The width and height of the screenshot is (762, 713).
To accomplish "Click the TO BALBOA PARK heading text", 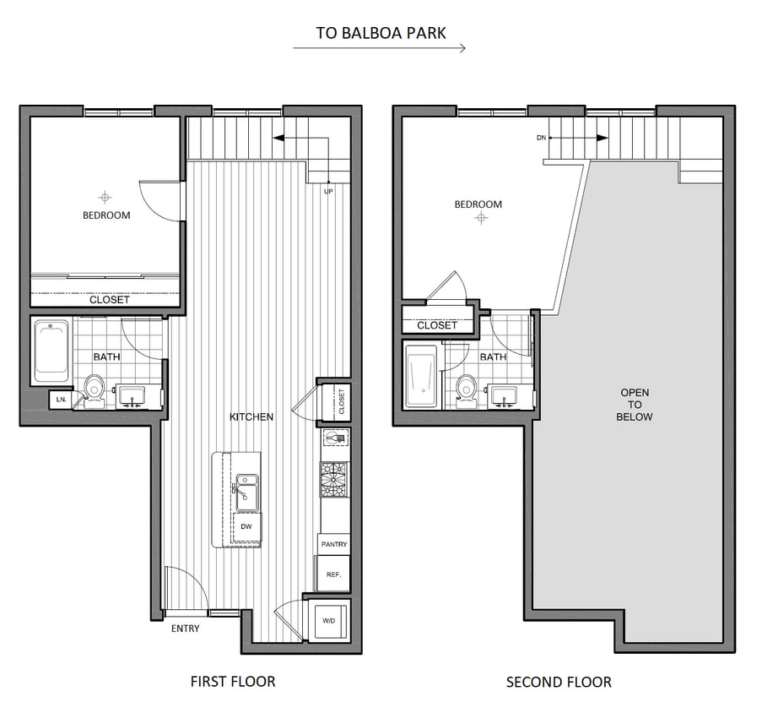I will (x=381, y=33).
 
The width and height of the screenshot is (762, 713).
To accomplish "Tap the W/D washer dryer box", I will (x=328, y=621).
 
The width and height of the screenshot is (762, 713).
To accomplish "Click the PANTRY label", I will (x=334, y=544).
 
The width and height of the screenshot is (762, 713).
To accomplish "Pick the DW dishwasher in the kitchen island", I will (x=247, y=527).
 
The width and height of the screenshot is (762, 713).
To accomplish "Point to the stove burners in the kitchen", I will (x=333, y=480).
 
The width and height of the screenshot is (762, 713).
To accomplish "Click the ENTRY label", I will (x=185, y=629).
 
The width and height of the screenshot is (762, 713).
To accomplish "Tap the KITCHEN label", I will (x=251, y=416).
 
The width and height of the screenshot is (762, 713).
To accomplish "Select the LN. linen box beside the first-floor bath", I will (x=61, y=399).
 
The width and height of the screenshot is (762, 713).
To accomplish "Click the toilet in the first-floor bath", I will (x=94, y=390).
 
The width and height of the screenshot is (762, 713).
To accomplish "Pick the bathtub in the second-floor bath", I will (x=420, y=376).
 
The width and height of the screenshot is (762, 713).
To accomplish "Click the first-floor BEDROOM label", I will (x=106, y=215).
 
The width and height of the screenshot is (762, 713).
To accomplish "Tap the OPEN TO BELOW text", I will (x=635, y=405).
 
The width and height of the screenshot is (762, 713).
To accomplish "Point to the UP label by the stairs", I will (x=328, y=192).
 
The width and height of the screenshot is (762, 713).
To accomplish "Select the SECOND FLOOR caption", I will (x=559, y=682).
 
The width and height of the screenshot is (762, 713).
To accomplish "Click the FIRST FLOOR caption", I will (x=233, y=681).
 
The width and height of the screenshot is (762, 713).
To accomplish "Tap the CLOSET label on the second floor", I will (x=437, y=324).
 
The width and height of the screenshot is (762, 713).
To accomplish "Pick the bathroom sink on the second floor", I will (x=503, y=394).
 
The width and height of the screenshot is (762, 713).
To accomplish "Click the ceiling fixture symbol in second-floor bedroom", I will (x=481, y=218).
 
